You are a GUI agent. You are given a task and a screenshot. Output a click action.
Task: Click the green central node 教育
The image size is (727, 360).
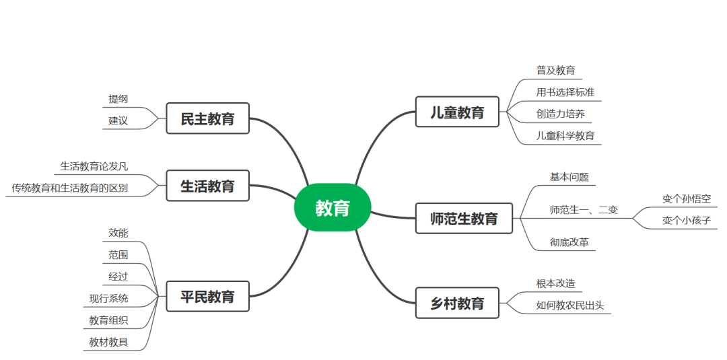coord(333,208)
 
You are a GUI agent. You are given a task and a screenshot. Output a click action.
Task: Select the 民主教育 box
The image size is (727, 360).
coord(207,118)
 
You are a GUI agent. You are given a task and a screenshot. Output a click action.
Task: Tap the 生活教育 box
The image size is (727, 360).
coord(207,186)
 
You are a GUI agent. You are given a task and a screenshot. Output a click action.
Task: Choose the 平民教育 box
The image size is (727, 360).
coord(207,296)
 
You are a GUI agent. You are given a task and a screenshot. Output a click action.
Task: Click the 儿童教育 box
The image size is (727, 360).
coord(457,112)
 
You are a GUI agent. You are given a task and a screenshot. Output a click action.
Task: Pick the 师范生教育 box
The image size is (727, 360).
coord(464,218)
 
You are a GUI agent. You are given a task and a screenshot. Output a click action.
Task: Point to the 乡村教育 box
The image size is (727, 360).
coord(457,303)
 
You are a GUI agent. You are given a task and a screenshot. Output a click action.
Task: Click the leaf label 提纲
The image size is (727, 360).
coord(118,99)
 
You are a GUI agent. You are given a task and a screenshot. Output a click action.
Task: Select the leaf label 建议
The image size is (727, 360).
coord(118,121)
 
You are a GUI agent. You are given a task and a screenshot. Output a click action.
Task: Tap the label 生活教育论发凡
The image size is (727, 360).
coord(94,166)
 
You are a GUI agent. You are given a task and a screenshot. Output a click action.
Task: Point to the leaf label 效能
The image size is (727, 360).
coord(118,233)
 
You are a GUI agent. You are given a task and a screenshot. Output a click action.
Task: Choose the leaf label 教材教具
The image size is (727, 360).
coord(108,343)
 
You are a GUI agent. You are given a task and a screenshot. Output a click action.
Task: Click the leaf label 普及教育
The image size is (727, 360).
coord(555,70)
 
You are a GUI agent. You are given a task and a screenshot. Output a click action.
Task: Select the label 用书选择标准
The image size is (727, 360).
coord(565,92)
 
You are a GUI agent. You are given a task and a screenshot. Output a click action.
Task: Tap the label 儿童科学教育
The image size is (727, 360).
coord(565,135)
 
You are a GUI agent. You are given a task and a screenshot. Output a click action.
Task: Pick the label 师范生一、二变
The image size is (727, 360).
coord(584,209)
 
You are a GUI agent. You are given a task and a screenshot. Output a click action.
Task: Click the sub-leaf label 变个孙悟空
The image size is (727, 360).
coord(686,199)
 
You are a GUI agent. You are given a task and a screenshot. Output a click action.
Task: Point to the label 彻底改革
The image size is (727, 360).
coord(569,242)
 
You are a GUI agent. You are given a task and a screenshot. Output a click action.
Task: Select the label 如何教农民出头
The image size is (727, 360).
coord(569,305)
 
